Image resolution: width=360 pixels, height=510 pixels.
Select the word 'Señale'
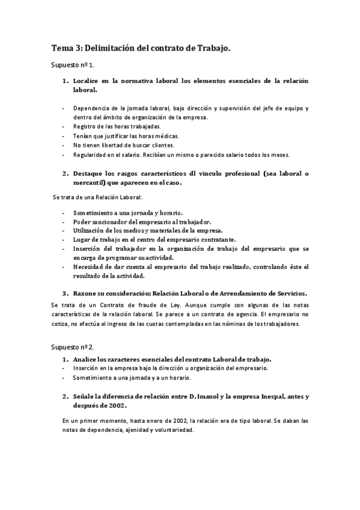click(85, 396)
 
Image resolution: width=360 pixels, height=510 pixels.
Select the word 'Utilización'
click(91, 230)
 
